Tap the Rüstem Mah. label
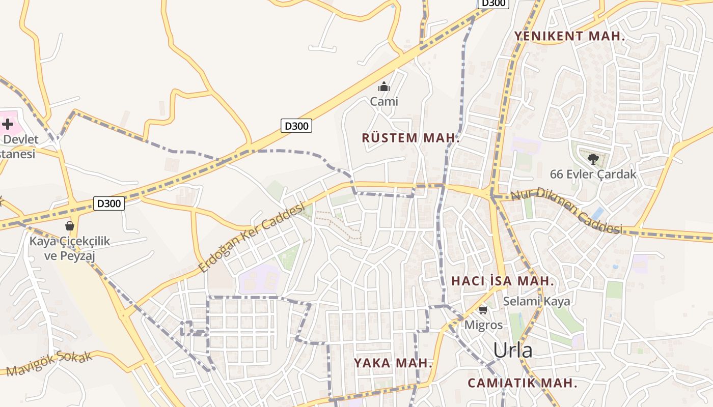point(410,138)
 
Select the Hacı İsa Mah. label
point(503,281)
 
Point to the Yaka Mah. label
point(393,363)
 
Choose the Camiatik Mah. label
point(523,383)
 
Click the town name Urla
point(513,351)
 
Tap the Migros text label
point(483,325)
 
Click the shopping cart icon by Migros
point(483,310)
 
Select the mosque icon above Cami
point(384,86)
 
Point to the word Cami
point(384,102)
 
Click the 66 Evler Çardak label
point(593,175)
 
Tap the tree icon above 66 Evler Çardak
point(593,159)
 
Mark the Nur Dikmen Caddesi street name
point(566,211)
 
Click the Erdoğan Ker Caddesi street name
point(251,237)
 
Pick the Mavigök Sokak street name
point(50,363)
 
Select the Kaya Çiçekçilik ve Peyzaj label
point(70,248)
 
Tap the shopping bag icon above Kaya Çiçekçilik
point(70,226)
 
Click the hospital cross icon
point(8,124)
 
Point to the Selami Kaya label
point(536,301)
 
